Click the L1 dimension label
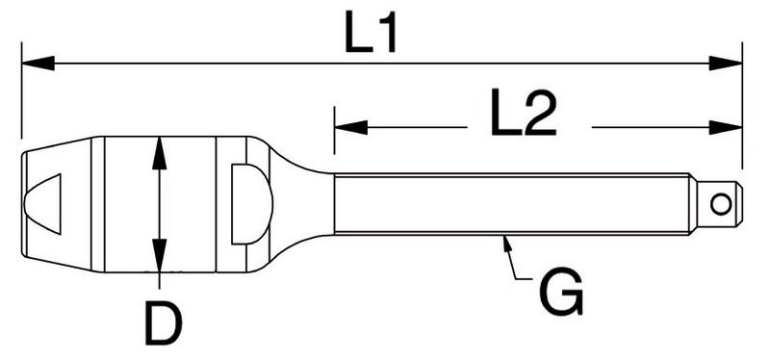371,32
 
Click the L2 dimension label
523,113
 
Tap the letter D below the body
164,323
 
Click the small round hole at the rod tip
721,204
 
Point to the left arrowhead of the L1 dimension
38,64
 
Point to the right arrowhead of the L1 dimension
726,64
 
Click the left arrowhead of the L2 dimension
350,128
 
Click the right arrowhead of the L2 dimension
726,128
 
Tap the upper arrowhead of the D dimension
159,153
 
